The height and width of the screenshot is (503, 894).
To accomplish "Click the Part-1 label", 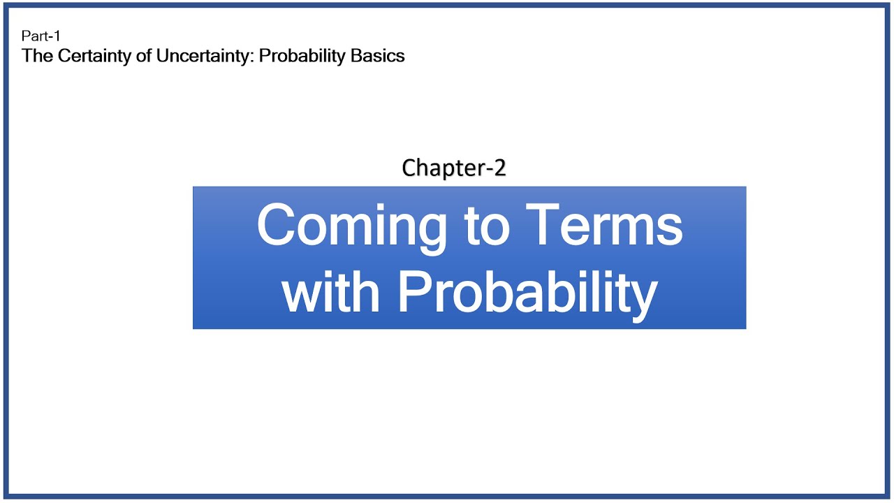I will coord(41,36).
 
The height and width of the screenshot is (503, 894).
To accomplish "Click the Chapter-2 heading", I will coord(454,168).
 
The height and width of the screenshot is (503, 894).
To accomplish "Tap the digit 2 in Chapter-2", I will coord(499,168).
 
